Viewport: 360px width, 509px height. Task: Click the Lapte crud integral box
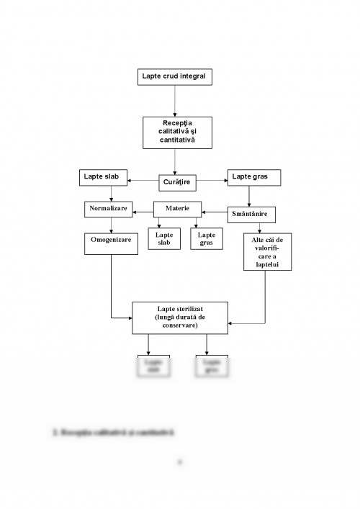coord(175,76)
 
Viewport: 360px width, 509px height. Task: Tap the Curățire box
coord(176,183)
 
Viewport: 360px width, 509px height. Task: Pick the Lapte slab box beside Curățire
coord(102,177)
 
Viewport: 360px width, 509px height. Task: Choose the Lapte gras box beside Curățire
coord(253,177)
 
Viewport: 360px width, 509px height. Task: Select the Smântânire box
coord(253,214)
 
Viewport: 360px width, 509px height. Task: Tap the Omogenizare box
coord(111,240)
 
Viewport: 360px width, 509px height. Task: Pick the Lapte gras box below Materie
coord(206,239)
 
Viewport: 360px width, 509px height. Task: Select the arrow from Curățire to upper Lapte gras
coord(212,179)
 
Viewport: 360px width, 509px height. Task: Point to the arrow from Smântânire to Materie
coord(215,212)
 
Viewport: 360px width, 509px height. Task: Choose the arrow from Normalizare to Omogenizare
coord(110,225)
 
